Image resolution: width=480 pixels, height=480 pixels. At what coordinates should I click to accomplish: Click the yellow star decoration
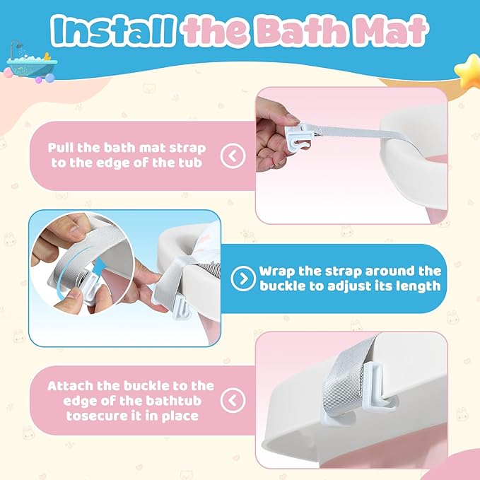(x=468, y=71)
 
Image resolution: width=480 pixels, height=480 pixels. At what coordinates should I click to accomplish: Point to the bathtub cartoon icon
(x=31, y=63)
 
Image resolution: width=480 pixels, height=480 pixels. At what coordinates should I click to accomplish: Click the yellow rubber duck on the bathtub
(x=47, y=57)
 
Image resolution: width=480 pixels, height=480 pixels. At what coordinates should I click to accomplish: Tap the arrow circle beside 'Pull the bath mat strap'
(x=233, y=156)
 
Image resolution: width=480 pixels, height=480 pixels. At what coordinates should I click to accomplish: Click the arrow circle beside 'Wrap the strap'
(x=243, y=279)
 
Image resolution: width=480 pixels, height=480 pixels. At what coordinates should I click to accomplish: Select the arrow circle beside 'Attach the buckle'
(x=233, y=400)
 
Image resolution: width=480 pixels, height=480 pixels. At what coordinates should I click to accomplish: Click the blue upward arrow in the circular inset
(x=99, y=267)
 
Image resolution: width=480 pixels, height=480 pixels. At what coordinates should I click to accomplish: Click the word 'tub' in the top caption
(x=190, y=163)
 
